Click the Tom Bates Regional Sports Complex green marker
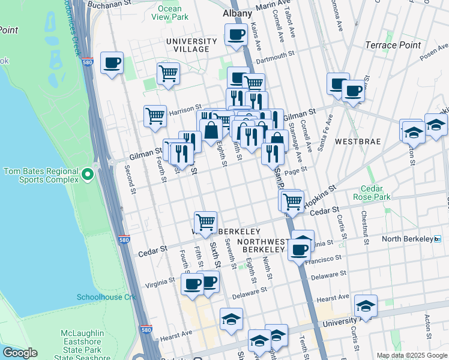click(88, 175)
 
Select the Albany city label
click(237, 12)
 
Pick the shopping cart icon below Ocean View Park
click(169, 73)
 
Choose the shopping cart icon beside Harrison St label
click(155, 115)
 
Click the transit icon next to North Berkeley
click(437, 239)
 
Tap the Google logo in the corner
click(20, 353)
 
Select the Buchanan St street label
click(110, 4)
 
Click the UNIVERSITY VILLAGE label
click(191, 46)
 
